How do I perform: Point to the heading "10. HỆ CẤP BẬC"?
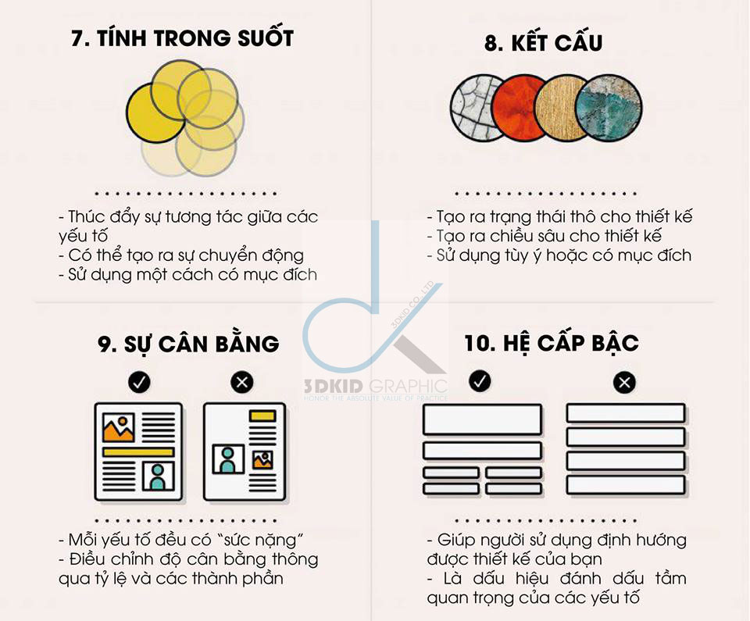(x=552, y=343)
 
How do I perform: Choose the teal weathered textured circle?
(x=609, y=108)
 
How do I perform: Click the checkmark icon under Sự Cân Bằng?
(x=139, y=382)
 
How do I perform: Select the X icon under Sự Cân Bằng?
(x=242, y=382)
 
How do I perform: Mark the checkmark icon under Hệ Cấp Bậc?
(x=480, y=381)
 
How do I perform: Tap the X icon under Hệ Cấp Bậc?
(x=624, y=382)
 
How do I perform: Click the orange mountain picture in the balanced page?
(x=119, y=427)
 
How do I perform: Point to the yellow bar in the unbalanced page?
(x=262, y=416)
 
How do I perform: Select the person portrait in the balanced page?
(x=158, y=476)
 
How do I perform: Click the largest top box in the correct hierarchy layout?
(x=482, y=419)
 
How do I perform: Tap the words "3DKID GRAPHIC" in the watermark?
(x=376, y=386)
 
